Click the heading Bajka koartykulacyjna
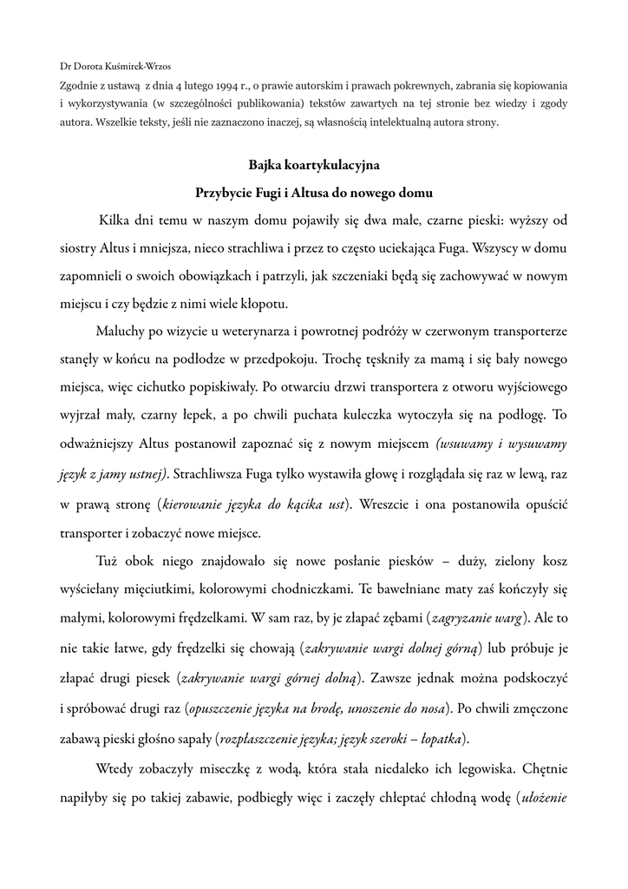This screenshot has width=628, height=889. coord(314,163)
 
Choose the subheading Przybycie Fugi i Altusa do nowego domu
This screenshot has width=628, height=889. coord(314,191)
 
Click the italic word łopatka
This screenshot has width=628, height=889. coord(439,739)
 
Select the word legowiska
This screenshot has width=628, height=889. coord(469,768)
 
